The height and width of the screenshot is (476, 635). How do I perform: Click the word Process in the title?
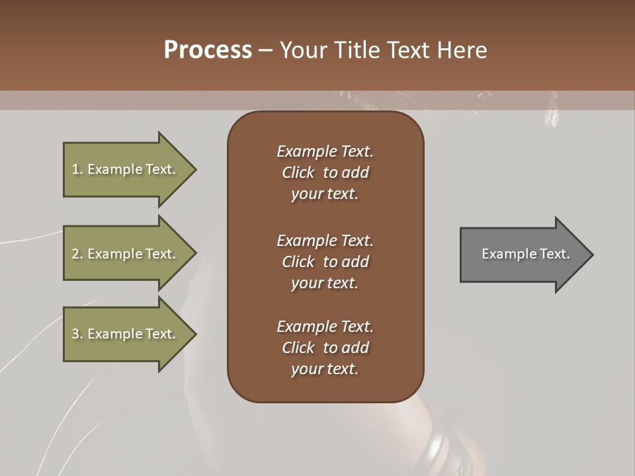point(208,50)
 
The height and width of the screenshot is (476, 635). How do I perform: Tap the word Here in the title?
point(462,50)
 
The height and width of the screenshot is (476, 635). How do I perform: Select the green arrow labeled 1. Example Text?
point(126,169)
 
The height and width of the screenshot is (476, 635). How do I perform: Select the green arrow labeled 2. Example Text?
point(126,254)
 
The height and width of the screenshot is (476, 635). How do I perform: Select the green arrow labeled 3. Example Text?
point(126,334)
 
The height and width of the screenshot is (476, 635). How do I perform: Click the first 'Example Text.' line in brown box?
point(325,151)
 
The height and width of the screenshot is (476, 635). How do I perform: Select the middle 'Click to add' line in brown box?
point(325,262)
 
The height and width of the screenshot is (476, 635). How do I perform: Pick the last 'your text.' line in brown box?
point(325,369)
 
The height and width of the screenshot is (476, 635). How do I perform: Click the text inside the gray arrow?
point(525,254)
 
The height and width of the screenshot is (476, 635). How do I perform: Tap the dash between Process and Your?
point(265,50)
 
